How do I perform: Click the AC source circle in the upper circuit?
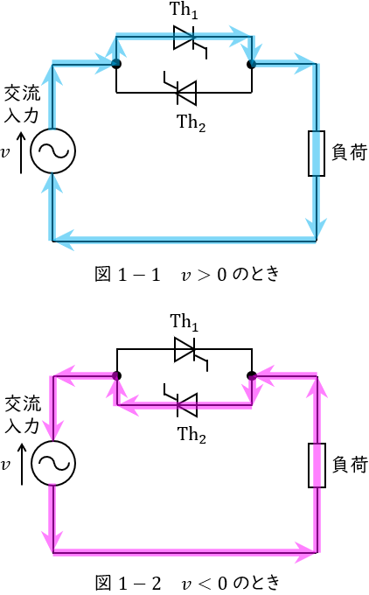52,151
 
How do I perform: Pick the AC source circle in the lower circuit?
53,463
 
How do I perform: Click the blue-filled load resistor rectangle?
317,153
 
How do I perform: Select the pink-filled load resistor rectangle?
317,465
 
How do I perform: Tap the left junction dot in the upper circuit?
116,64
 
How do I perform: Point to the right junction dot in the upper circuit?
252,64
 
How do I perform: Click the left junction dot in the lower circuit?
117,375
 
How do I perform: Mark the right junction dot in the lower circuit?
252,375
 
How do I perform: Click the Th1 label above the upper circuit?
184,10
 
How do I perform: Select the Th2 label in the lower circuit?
191,435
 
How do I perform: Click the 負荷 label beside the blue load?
350,152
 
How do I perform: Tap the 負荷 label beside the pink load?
350,465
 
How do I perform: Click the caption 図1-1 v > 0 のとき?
187,274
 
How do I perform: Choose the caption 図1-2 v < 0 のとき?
187,583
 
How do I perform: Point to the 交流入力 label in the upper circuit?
22,104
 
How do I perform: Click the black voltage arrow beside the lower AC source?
22,464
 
